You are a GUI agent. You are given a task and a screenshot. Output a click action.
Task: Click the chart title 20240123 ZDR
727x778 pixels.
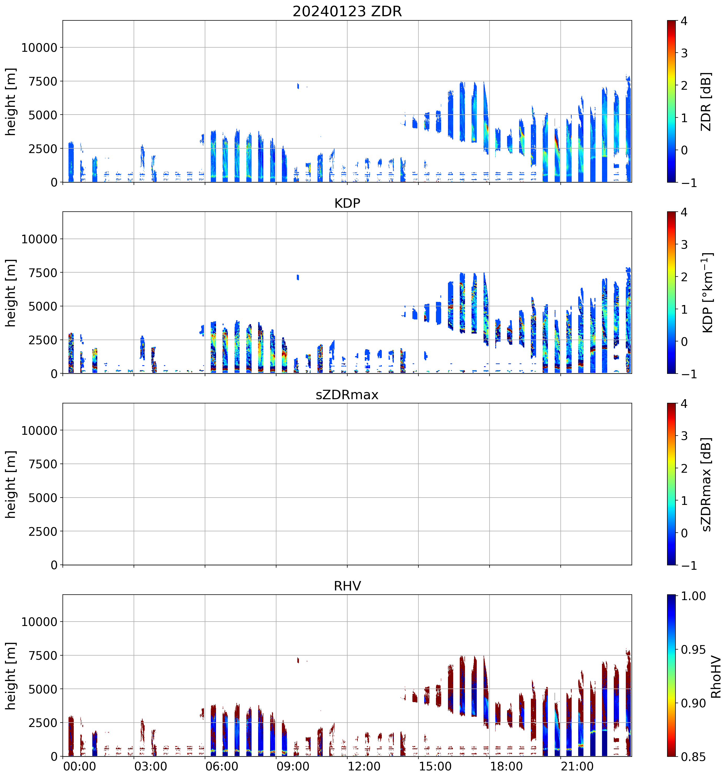point(347,11)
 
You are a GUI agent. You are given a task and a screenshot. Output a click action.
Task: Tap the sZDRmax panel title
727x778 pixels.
point(347,395)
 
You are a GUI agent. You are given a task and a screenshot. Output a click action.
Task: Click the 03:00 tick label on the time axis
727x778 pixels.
point(151,766)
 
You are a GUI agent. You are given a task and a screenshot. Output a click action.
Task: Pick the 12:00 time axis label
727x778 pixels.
point(364,766)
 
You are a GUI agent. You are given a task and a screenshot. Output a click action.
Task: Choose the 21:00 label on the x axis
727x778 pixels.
point(577,766)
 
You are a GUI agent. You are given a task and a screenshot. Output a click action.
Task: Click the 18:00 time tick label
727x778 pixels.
point(506,766)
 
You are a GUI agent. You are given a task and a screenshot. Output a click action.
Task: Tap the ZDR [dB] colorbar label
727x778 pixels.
point(706,101)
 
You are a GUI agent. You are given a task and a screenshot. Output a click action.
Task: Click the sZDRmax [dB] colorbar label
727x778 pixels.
point(706,484)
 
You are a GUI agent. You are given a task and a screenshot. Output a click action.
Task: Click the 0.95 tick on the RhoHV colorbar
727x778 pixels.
point(693,650)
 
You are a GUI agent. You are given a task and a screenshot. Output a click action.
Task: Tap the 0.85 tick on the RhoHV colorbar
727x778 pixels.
point(693,757)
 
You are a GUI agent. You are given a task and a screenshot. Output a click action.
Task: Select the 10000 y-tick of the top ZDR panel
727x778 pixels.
point(39,48)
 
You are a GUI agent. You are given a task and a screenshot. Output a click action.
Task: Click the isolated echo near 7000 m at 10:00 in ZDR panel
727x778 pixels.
point(298,86)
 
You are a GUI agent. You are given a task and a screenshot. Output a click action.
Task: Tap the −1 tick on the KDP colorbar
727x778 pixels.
point(689,374)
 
